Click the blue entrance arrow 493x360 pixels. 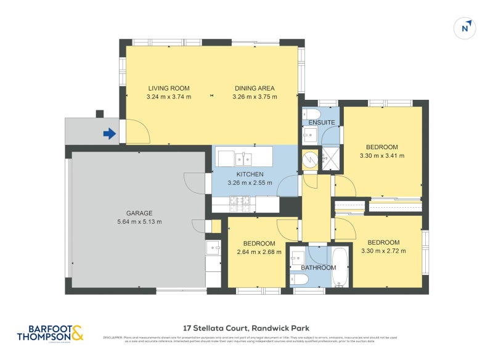(109, 133)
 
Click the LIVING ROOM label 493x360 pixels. (168, 88)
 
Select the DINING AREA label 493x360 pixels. (254, 88)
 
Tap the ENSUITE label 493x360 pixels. (322, 123)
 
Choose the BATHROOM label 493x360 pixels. (319, 268)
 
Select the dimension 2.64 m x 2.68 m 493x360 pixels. (259, 252)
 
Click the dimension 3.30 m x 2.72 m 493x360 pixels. (383, 251)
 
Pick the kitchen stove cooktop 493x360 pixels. (239, 200)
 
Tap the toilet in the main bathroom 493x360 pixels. (299, 279)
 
